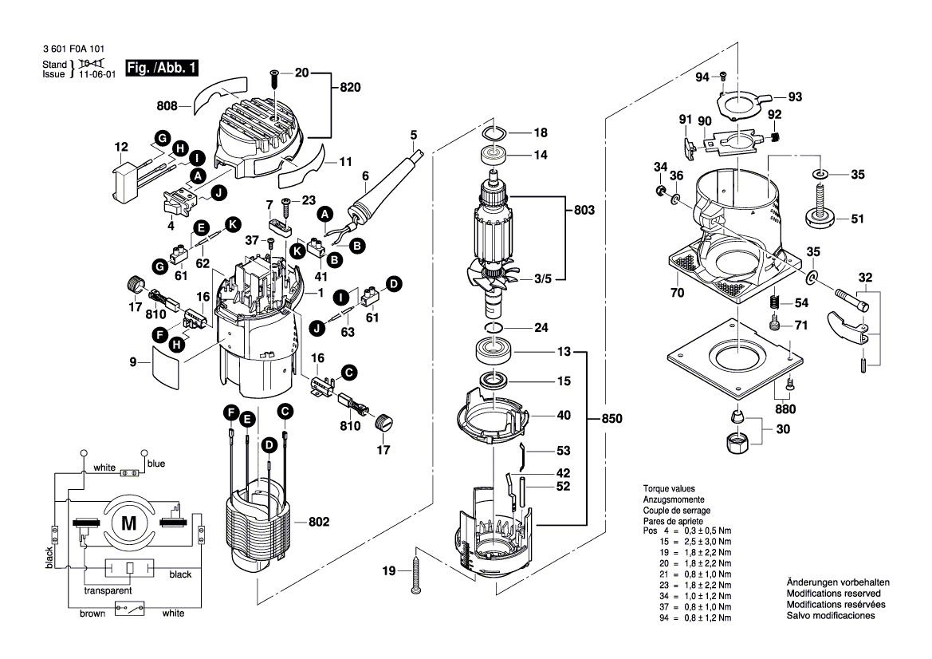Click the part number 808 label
(167, 104)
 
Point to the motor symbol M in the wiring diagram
(128, 523)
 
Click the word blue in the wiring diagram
(156, 464)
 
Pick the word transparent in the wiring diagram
(108, 592)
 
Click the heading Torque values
(669, 488)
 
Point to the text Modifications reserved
(833, 594)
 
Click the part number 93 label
(795, 97)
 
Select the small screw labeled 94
(723, 77)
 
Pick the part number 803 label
(584, 211)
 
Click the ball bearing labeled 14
(492, 155)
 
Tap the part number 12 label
(121, 147)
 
